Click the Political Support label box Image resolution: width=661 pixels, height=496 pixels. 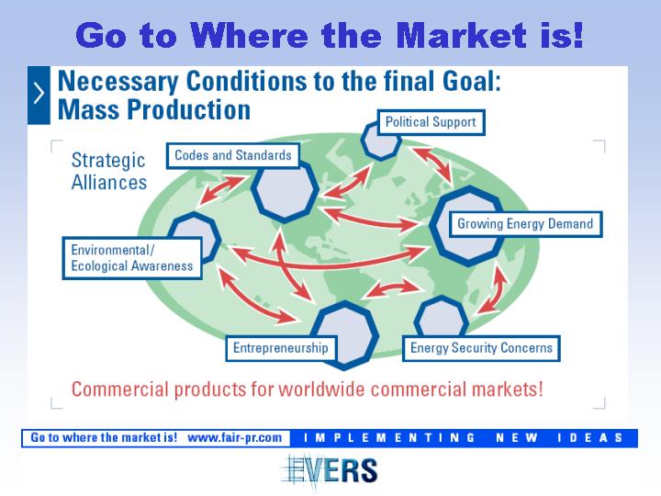[x=431, y=122]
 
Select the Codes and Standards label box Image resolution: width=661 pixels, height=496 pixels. [x=232, y=155]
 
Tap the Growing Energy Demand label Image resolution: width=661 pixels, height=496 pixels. [x=525, y=224]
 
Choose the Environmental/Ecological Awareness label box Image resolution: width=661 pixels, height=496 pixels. [x=132, y=258]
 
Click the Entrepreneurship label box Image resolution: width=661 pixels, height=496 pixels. [x=281, y=348]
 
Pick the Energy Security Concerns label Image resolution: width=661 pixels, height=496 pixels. [x=481, y=348]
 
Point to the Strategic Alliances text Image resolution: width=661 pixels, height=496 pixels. [x=108, y=171]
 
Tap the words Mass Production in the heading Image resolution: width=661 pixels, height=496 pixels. [x=154, y=110]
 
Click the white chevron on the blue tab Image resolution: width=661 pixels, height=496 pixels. [x=39, y=93]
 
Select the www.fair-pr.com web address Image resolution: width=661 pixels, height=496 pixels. [x=234, y=437]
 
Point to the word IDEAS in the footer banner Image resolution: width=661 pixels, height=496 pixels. [x=589, y=438]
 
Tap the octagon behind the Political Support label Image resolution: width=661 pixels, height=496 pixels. [x=380, y=141]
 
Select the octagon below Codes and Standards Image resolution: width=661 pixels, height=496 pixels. [x=285, y=191]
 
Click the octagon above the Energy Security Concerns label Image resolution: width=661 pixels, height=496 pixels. [x=442, y=317]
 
